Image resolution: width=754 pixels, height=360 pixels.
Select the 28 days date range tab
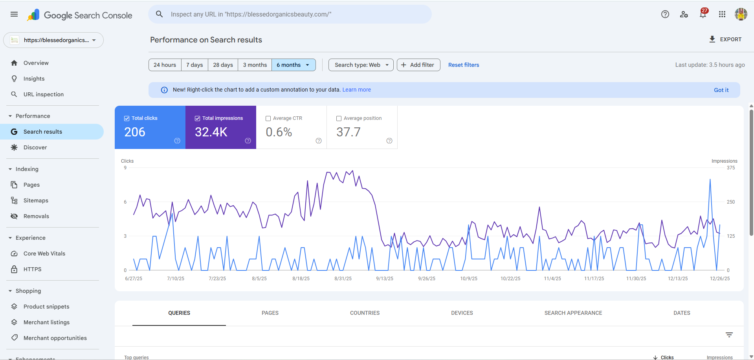point(223,65)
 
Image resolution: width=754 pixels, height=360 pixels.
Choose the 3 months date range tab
point(255,65)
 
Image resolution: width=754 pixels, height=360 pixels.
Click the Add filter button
point(418,65)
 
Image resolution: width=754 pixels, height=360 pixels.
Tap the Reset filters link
point(464,65)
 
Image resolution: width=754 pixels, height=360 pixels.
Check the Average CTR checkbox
point(268,118)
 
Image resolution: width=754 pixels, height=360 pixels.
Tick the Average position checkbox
point(339,118)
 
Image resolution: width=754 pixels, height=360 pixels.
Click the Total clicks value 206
point(135,132)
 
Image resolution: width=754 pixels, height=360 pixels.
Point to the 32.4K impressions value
point(211,132)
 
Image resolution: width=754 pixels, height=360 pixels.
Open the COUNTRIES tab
point(365,313)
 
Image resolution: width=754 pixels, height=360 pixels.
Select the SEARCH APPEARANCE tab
point(573,313)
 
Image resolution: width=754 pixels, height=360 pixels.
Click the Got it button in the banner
point(721,90)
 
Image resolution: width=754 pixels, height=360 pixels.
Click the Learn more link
point(356,90)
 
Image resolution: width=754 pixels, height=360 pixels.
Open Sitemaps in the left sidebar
point(36,200)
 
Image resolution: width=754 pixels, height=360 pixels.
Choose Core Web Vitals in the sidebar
point(44,253)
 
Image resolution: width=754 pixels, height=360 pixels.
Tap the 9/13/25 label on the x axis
point(385,279)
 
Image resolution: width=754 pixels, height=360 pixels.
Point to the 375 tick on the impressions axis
point(731,168)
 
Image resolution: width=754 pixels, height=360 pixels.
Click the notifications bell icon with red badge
point(703,15)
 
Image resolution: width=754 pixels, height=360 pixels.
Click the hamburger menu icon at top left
point(14,15)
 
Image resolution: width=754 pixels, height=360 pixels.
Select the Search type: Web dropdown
point(361,65)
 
